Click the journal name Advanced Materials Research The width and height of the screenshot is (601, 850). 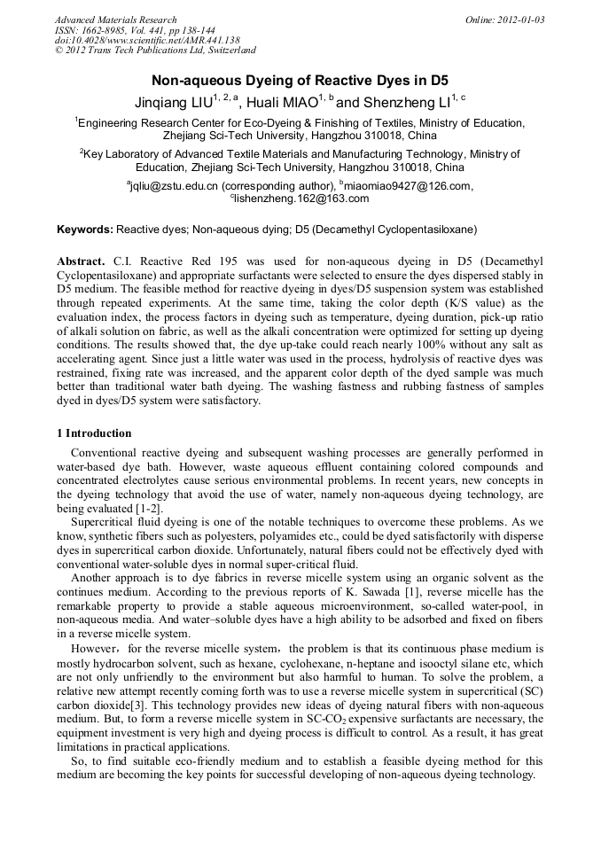coord(116,19)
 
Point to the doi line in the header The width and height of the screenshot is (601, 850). coord(147,40)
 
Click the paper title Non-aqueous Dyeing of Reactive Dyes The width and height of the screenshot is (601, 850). coord(300,80)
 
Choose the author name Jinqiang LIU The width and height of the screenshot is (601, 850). coord(175,103)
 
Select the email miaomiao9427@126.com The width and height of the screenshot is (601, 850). coord(409,186)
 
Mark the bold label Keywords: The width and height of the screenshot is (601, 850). coord(85,230)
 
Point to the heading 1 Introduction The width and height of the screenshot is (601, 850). coord(94,433)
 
